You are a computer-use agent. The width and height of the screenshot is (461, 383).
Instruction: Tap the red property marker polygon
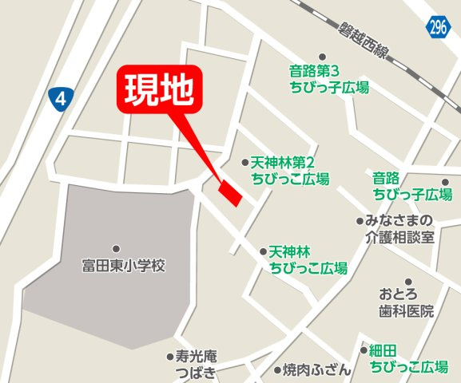[230, 193]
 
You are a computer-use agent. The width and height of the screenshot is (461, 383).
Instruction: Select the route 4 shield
[60, 98]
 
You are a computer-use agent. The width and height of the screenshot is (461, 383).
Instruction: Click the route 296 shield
[436, 26]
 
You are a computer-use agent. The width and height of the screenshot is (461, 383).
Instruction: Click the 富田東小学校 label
[123, 266]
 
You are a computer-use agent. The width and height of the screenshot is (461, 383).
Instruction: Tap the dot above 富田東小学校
[117, 249]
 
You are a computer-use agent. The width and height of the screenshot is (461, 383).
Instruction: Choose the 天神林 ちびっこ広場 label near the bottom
[308, 259]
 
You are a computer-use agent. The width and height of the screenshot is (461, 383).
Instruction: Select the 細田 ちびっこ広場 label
[407, 358]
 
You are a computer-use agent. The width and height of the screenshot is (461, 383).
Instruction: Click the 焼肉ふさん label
[316, 370]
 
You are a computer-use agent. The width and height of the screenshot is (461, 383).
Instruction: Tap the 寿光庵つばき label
[196, 365]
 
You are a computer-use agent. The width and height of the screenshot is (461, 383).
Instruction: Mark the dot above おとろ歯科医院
[408, 282]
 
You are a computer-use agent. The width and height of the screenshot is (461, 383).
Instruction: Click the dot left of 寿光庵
[169, 357]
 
